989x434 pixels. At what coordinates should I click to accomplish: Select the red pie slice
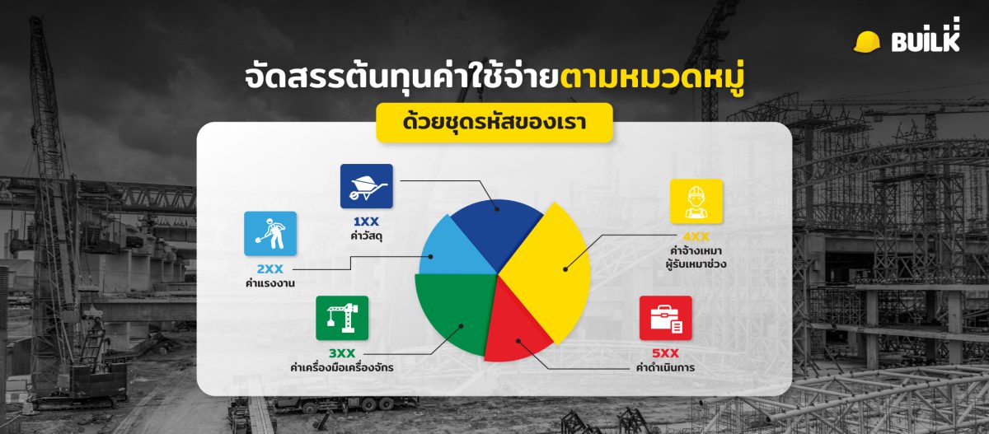click(515, 334)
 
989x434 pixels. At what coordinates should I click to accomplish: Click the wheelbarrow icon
click(366, 186)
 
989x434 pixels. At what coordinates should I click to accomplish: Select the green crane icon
click(342, 318)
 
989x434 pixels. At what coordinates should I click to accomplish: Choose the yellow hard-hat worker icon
click(696, 202)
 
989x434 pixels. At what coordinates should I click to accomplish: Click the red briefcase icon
click(666, 318)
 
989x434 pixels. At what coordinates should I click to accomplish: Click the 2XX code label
click(270, 269)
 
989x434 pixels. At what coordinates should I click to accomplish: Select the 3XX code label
click(342, 353)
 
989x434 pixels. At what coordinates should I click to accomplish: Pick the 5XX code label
click(666, 353)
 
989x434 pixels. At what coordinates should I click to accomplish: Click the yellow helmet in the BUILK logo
click(867, 41)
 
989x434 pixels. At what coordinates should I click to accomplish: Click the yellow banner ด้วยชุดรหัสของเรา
click(494, 123)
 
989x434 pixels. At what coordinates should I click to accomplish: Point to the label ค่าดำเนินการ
click(666, 368)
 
